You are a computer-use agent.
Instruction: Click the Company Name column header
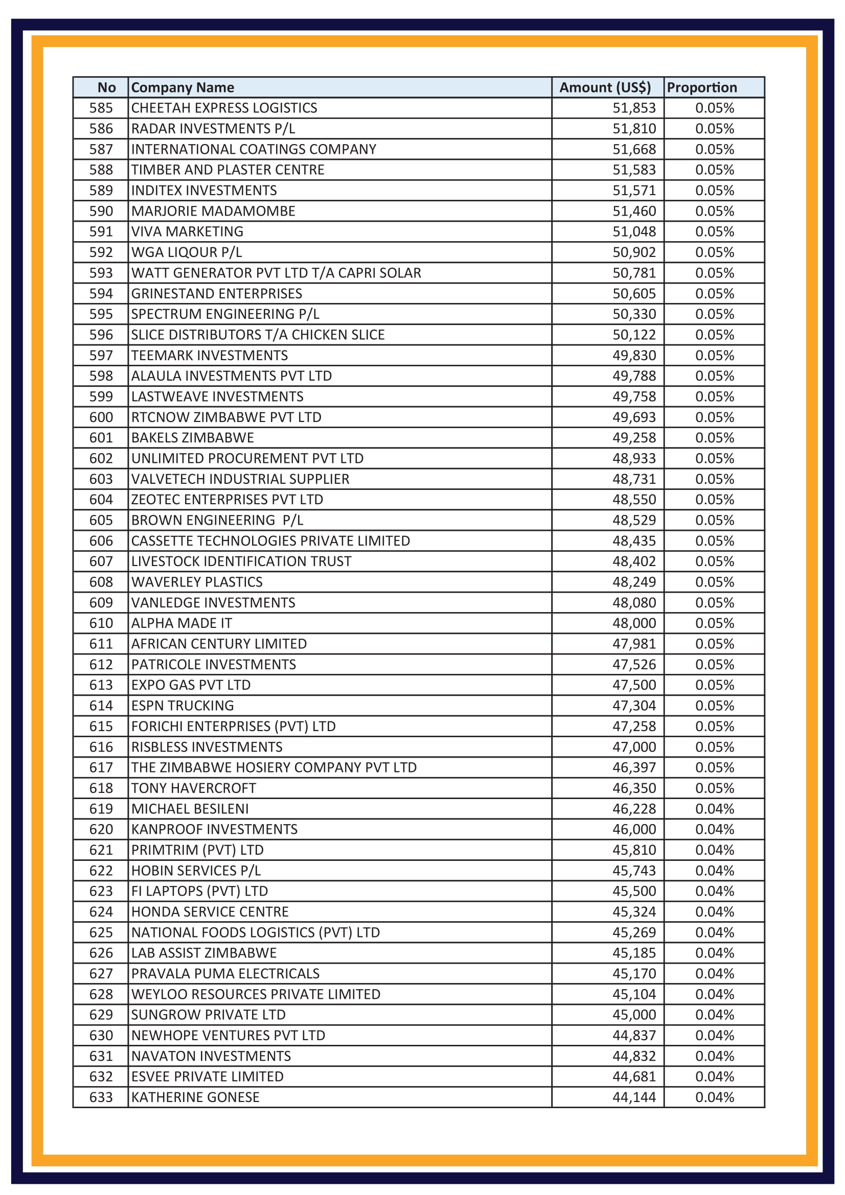coord(182,87)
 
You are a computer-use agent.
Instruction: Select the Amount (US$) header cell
coord(604,87)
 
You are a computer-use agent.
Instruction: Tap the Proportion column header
coord(701,87)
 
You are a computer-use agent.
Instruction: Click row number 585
coord(101,108)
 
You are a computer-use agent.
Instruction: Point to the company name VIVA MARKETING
coord(187,231)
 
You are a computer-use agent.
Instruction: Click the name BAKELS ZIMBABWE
coord(192,438)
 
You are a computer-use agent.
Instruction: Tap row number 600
coord(101,417)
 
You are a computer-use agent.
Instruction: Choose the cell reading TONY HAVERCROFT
coord(193,788)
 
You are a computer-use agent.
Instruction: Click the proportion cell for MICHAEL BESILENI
coord(714,809)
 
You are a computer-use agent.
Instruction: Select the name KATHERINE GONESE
coord(195,1097)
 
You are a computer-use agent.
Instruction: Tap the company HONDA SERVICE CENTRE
coord(209,912)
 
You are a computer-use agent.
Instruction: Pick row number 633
coord(101,1097)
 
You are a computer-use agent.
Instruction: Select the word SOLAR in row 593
coord(401,273)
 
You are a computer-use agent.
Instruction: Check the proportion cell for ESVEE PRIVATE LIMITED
coord(714,1076)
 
